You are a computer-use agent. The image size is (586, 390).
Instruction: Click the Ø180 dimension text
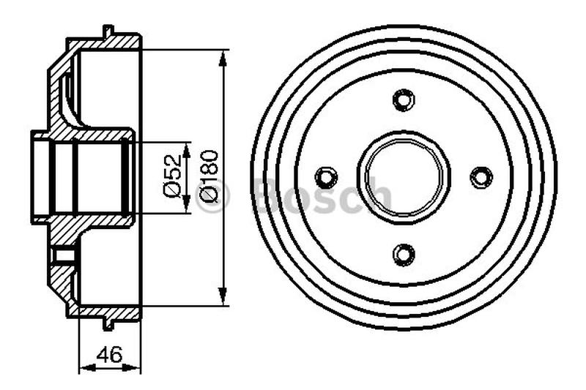208,176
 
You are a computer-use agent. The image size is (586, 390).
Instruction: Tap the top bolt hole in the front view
402,100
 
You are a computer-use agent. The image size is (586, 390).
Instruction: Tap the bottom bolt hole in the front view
402,253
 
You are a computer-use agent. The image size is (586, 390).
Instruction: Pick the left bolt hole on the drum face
325,176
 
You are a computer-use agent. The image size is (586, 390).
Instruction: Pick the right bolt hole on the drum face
481,176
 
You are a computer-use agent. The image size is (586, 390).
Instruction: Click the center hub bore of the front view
403,176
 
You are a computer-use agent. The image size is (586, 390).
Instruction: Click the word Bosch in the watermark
322,195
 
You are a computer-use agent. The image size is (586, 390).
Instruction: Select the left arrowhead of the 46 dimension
83,368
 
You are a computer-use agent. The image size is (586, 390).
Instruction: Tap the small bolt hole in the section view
64,255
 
